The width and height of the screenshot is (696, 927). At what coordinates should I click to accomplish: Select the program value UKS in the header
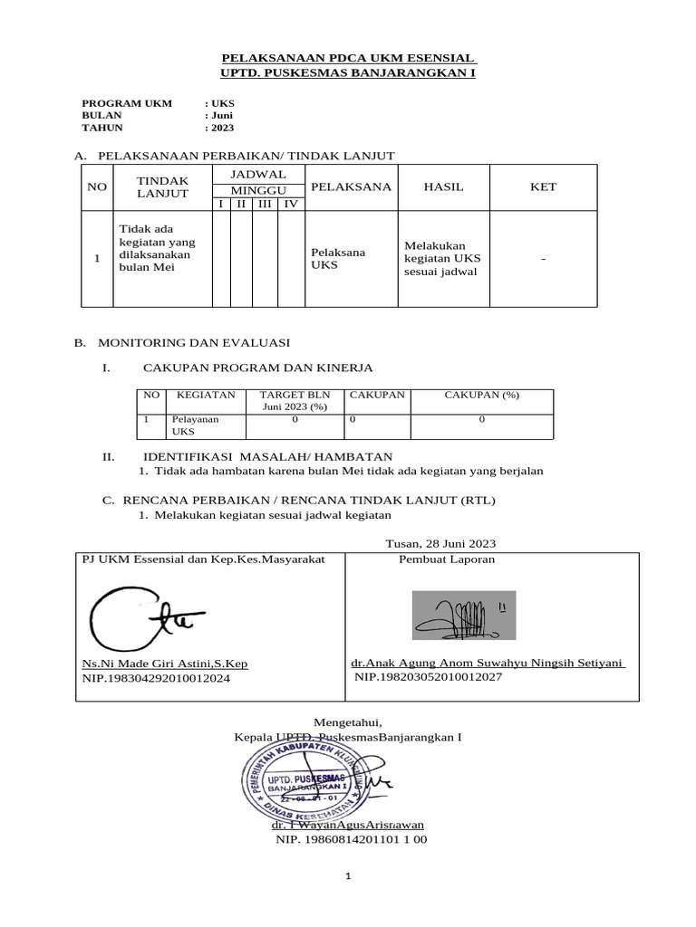click(222, 103)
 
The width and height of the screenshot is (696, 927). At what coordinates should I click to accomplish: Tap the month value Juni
click(222, 115)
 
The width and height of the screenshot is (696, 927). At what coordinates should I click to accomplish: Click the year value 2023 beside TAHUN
click(222, 128)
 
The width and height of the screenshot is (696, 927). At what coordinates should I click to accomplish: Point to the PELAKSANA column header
click(351, 186)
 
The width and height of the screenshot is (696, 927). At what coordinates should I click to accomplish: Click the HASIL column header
click(443, 186)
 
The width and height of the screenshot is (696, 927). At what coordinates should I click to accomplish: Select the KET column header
click(544, 186)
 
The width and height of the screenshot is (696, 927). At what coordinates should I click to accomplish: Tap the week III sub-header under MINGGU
click(265, 204)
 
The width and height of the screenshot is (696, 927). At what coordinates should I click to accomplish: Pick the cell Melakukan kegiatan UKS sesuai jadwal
click(441, 259)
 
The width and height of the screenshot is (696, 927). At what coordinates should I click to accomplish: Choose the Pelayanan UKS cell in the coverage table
click(195, 425)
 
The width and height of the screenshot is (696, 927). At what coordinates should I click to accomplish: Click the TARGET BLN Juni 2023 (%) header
click(295, 401)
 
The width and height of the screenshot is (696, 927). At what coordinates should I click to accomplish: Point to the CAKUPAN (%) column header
click(480, 395)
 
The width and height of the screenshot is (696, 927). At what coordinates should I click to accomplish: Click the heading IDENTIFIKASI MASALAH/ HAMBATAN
click(267, 457)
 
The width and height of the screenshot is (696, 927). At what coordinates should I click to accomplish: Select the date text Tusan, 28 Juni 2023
click(440, 543)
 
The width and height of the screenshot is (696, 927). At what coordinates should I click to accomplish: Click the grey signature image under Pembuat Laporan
click(464, 615)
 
